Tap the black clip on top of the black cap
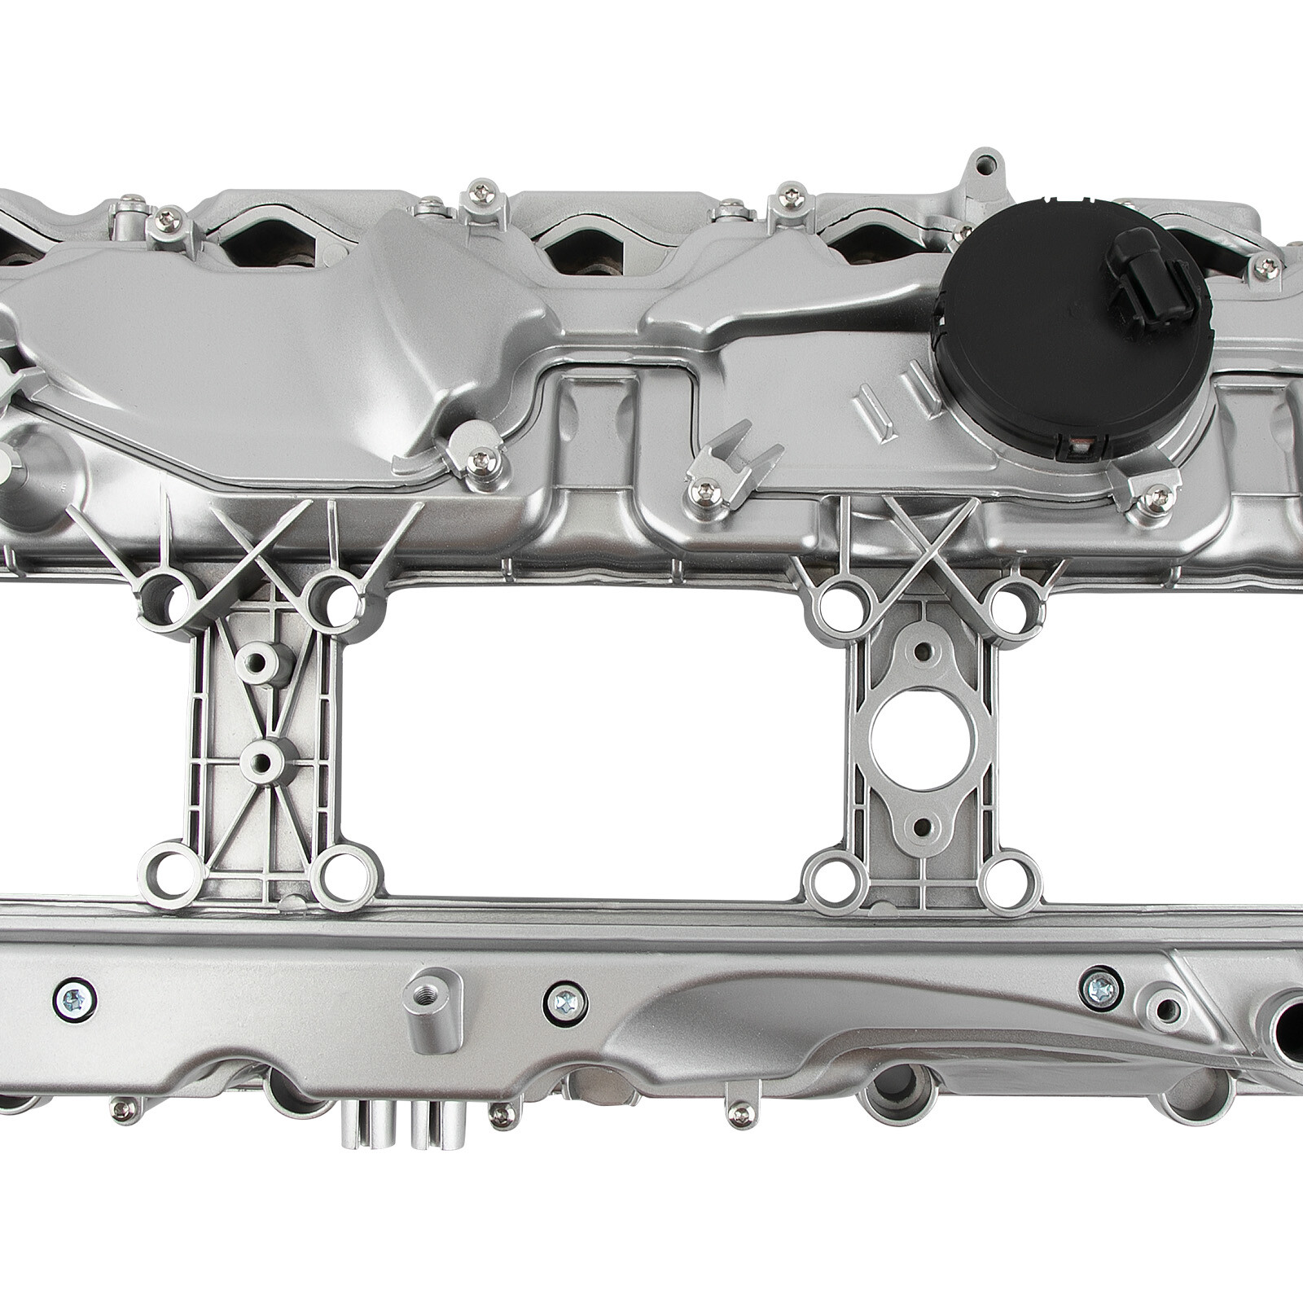pyautogui.click(x=1135, y=252)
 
